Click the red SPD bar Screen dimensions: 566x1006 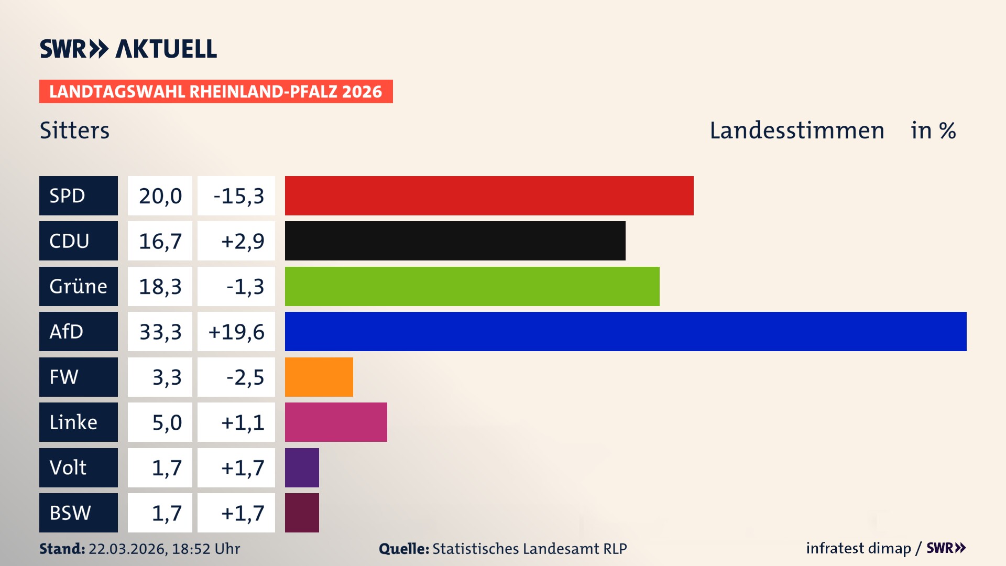click(x=489, y=195)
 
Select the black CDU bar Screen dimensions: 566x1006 click(x=455, y=241)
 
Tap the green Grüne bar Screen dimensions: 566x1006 click(x=472, y=286)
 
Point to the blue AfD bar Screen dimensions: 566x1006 click(x=625, y=331)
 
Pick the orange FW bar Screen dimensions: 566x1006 click(x=319, y=377)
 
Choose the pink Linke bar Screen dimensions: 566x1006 click(x=336, y=422)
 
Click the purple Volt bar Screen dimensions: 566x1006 click(x=302, y=467)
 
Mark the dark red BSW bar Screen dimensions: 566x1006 click(x=302, y=513)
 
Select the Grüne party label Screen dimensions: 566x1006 click(x=78, y=286)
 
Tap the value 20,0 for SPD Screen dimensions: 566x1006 click(x=160, y=195)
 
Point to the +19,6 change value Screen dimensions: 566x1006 click(x=237, y=331)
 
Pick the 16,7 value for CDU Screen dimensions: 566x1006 click(x=160, y=241)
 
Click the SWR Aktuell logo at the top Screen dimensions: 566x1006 click(x=128, y=49)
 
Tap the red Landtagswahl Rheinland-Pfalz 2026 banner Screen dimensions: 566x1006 click(x=215, y=91)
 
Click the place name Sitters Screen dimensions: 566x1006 click(x=74, y=130)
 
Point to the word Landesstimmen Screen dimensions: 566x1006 click(x=796, y=130)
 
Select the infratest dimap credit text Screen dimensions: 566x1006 click(x=858, y=548)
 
